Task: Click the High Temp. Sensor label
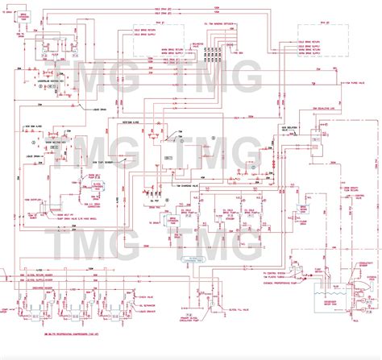click(x=105, y=161)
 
